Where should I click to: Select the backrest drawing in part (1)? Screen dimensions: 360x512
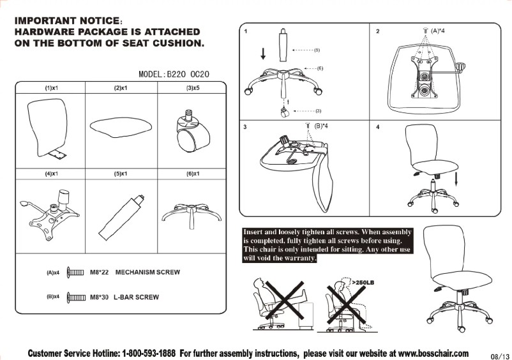49,124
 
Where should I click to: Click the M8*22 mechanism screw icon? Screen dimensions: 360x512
76,273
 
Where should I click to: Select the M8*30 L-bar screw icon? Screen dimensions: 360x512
76,297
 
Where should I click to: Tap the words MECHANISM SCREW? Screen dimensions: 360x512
147,273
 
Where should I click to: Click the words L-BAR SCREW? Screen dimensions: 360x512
136,297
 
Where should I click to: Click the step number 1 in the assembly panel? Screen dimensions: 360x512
246,31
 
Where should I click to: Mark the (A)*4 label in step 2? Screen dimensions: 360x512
438,31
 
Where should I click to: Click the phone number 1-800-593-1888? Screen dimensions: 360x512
149,353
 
